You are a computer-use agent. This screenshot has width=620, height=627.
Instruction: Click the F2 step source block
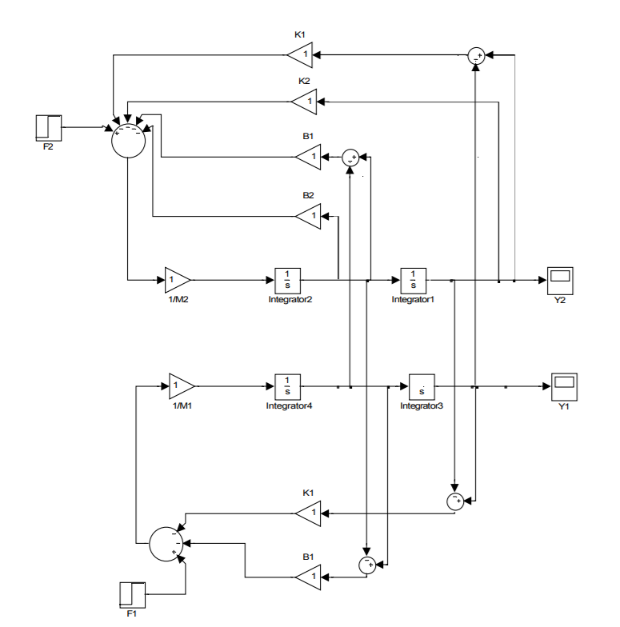[x=48, y=127]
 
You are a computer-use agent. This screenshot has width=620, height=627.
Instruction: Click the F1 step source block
[x=132, y=594]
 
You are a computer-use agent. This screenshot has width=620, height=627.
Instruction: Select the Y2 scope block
[x=560, y=280]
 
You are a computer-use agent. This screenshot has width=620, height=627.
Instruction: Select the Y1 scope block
[x=564, y=386]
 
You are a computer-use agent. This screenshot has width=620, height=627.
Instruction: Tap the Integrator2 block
[x=287, y=280]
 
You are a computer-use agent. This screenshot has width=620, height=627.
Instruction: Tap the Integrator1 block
[x=414, y=280]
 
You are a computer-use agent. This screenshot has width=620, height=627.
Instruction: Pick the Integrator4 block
[x=287, y=386]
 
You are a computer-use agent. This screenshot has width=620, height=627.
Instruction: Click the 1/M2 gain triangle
[x=177, y=280]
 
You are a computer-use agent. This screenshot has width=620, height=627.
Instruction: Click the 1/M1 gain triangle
[x=181, y=386]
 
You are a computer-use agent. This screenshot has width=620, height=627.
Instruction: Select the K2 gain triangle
[x=305, y=101]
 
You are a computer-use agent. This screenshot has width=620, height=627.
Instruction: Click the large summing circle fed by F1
[x=167, y=545]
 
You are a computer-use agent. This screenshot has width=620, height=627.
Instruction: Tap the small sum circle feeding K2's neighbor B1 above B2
[x=350, y=158]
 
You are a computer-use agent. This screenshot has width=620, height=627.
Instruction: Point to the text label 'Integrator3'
[x=422, y=405]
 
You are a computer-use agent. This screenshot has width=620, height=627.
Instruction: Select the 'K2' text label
[x=304, y=82]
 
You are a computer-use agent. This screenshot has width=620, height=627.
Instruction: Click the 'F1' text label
[x=131, y=613]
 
